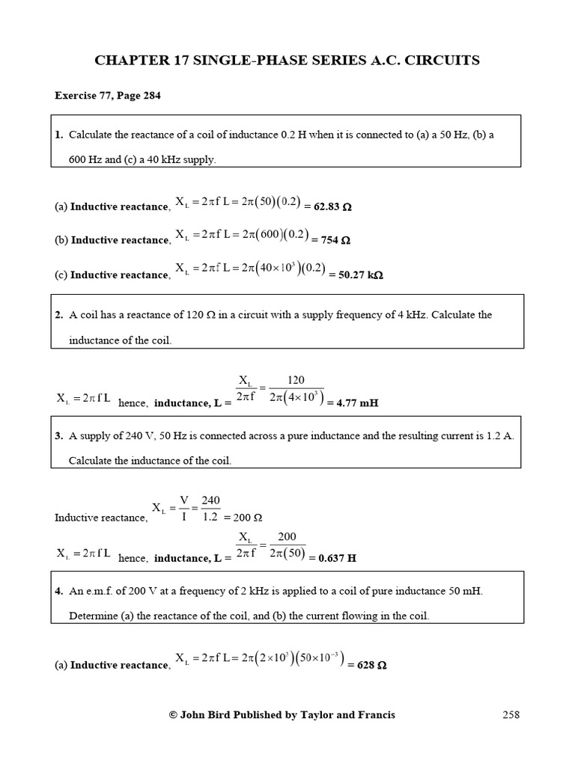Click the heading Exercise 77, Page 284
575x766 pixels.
tap(108, 96)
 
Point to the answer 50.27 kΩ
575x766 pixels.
tap(361, 275)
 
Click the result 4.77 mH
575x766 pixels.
tap(357, 403)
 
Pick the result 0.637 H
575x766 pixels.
tap(337, 558)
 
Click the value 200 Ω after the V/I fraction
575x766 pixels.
tap(248, 518)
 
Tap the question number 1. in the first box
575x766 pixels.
tap(58, 135)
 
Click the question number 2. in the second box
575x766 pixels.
tap(58, 315)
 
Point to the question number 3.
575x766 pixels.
tap(58, 436)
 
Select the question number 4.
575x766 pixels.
tap(58, 592)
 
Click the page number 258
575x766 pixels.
tap(511, 715)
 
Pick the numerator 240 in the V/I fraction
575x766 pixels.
tap(210, 500)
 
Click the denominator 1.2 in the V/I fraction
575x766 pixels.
tap(210, 517)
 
